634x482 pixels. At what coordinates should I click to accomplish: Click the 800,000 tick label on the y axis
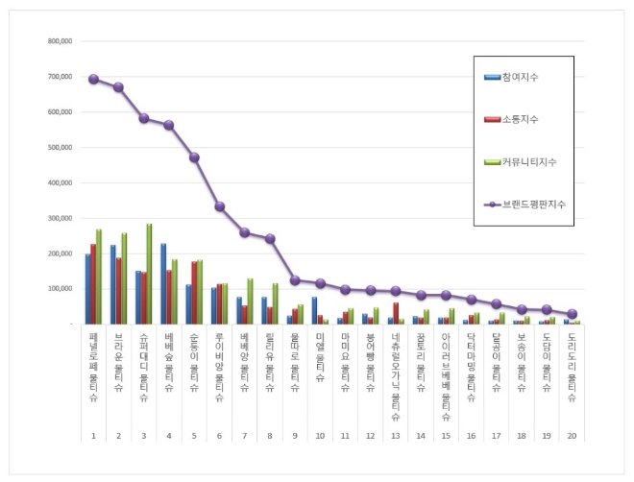[x=60, y=41]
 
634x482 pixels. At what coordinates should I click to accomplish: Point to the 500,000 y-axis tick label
[x=60, y=147]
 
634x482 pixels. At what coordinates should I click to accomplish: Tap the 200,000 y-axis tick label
[x=60, y=253]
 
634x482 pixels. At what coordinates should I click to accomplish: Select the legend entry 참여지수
[x=519, y=76]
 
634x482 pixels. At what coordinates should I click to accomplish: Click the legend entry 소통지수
[x=519, y=119]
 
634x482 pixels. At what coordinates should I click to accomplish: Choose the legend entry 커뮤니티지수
[x=527, y=161]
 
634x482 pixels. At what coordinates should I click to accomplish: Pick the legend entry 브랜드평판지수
[x=532, y=204]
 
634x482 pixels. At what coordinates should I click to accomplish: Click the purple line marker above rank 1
[x=93, y=79]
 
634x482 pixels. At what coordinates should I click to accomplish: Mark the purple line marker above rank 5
[x=194, y=157]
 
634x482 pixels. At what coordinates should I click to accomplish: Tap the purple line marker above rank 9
[x=295, y=280]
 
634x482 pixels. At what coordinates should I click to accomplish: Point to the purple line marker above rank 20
[x=572, y=314]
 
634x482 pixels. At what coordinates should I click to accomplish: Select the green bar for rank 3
[x=149, y=274]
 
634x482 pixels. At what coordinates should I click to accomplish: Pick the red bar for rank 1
[x=93, y=284]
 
